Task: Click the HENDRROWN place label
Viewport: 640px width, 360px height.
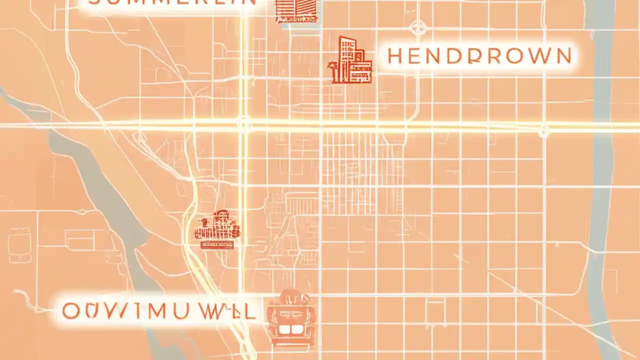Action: [479, 56]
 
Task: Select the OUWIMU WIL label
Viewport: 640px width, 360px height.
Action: [158, 311]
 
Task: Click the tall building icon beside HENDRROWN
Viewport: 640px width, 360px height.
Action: [351, 60]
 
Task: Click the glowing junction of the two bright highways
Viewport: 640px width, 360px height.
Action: [243, 123]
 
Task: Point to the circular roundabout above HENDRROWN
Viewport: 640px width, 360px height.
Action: [417, 27]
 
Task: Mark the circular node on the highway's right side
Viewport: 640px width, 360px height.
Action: [544, 131]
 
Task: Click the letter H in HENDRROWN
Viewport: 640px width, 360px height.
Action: [395, 56]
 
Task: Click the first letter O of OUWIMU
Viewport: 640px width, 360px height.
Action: [70, 311]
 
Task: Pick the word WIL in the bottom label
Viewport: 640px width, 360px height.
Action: [228, 311]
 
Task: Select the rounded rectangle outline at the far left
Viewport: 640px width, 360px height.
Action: [19, 245]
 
